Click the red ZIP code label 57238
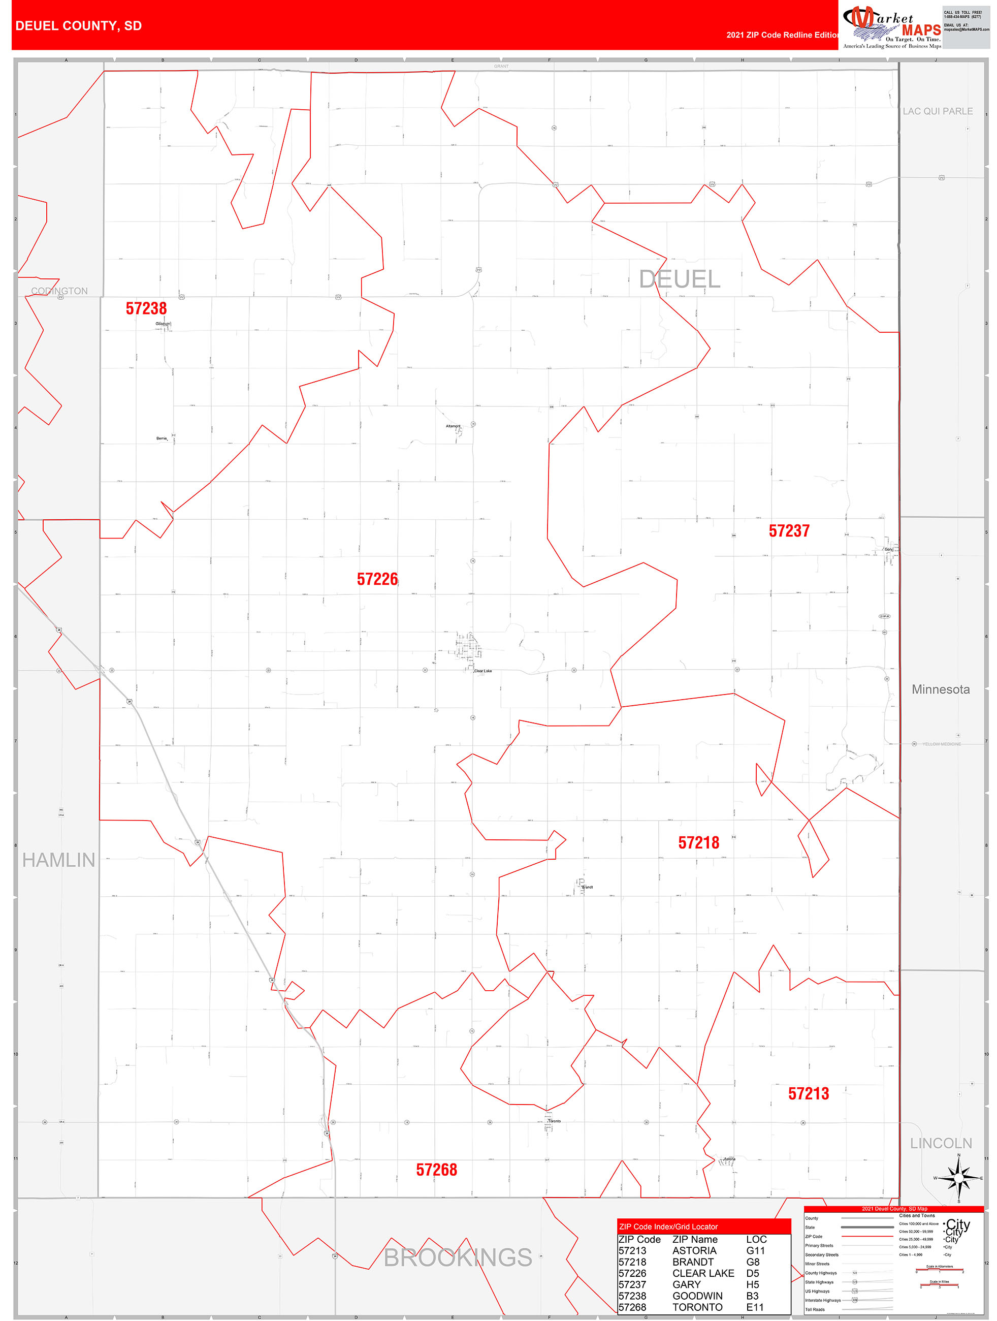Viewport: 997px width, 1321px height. click(146, 308)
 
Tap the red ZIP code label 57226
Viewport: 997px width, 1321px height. click(377, 579)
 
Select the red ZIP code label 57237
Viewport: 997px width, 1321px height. click(789, 531)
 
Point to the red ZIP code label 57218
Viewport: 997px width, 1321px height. click(698, 842)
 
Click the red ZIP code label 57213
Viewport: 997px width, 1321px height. click(809, 1093)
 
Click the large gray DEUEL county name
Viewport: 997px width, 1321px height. click(680, 279)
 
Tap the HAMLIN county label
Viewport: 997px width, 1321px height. click(58, 860)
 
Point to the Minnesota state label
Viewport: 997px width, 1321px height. click(940, 689)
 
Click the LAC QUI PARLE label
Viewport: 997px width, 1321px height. click(937, 111)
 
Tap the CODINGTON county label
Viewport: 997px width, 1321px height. click(59, 291)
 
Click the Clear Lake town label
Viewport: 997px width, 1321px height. click(483, 671)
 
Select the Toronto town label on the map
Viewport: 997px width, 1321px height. click(554, 1121)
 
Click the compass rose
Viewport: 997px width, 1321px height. click(959, 1178)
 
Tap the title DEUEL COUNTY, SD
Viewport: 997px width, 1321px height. click(79, 26)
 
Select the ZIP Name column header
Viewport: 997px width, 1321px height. click(695, 1239)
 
